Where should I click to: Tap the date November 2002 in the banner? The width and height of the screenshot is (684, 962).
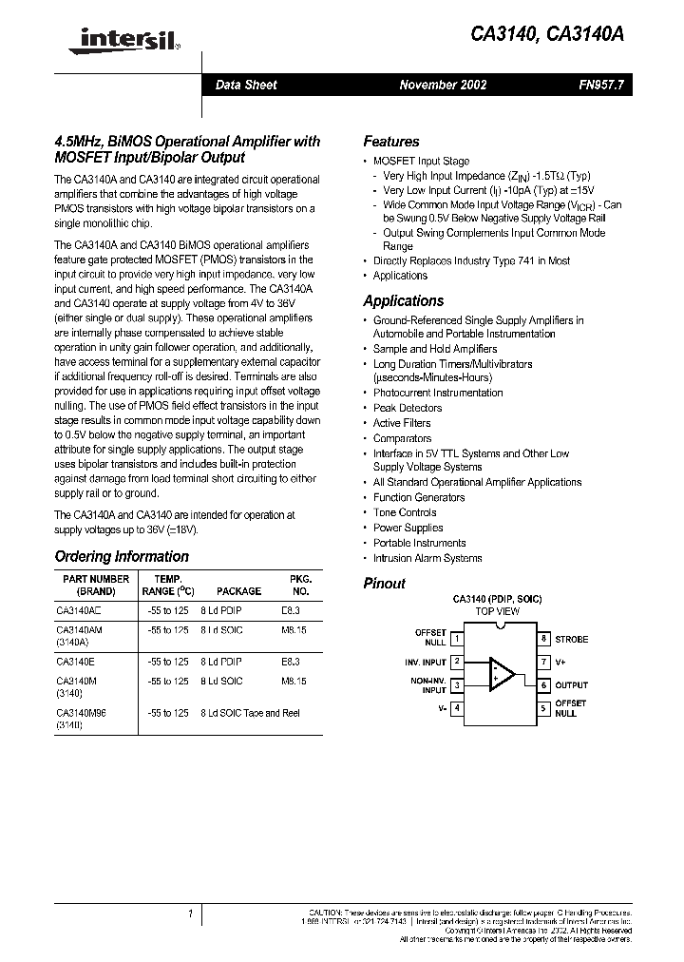[x=443, y=85]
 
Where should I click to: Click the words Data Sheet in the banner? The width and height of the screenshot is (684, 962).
[x=246, y=85]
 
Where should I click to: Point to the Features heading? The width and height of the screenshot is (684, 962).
[x=391, y=141]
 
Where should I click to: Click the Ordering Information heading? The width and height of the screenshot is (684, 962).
[x=122, y=556]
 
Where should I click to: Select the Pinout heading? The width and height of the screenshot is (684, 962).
[x=385, y=584]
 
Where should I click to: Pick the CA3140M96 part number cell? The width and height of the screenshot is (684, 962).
[x=81, y=712]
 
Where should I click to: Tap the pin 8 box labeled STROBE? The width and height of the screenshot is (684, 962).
[x=543, y=639]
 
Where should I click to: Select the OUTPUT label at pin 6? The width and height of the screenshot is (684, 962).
[x=572, y=684]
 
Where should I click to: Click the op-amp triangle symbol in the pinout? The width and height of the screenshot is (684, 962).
[x=501, y=673]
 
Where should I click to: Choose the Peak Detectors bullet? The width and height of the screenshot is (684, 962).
[x=408, y=408]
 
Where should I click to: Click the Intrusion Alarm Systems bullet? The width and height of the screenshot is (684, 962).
[x=427, y=558]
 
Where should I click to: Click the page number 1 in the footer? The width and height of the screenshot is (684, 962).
[x=190, y=914]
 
